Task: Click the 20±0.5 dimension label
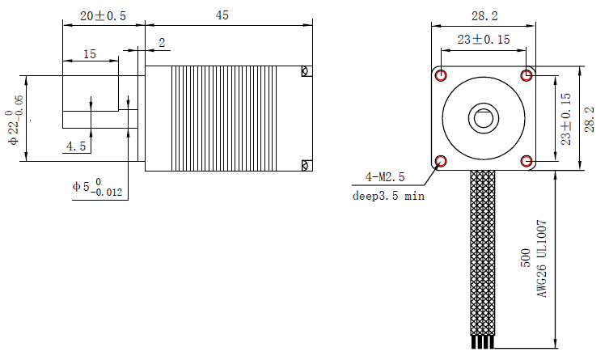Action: pos(104,16)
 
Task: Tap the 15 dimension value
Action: pos(89,54)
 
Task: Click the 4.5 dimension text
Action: pos(77,146)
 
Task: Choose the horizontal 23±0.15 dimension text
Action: pos(484,39)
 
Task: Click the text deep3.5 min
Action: pos(388,195)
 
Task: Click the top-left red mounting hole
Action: pos(441,76)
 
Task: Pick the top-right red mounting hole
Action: pos(527,76)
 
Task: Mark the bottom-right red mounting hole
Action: pos(527,160)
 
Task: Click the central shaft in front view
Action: pos(484,118)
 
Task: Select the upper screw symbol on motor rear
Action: pos(304,71)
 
